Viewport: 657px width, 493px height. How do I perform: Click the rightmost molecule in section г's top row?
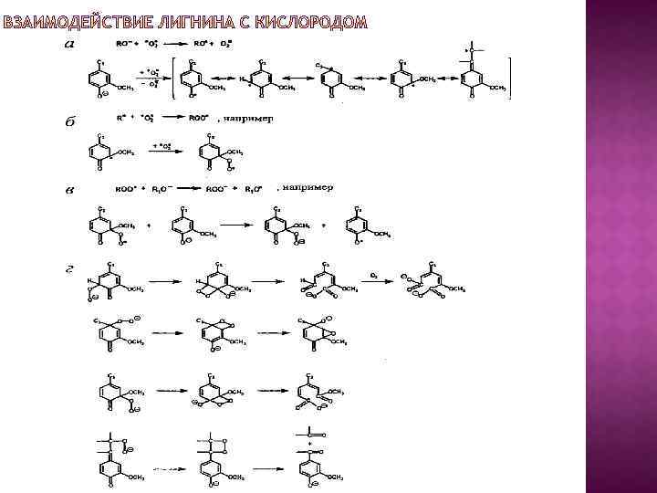434,284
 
